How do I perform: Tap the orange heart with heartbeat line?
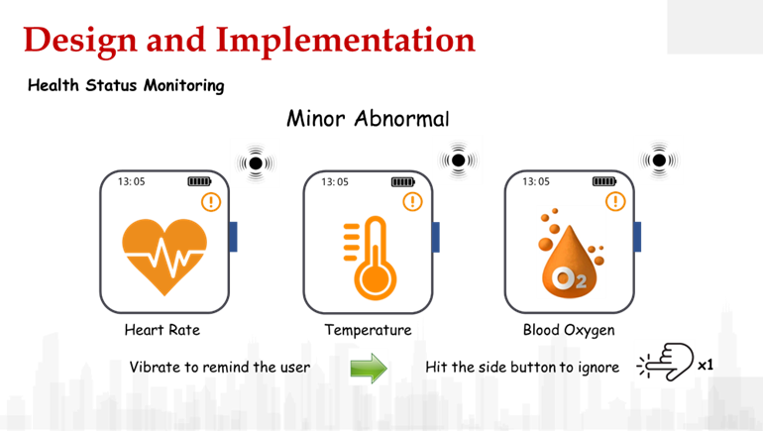coord(164,255)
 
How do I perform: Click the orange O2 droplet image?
coord(570,253)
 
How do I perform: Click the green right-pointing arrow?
coord(369,368)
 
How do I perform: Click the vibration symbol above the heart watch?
coord(255,162)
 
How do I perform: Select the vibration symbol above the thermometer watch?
coord(457,161)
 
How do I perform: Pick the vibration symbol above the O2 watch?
coord(658,161)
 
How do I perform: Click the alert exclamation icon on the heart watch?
coord(211,201)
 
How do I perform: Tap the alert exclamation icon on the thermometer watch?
coord(412,201)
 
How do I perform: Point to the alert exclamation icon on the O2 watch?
coord(615,201)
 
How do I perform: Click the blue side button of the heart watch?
coord(234,236)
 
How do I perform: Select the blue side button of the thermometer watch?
coord(436,236)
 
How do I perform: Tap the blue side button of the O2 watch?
coord(638,236)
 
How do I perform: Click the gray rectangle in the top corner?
coord(713,27)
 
